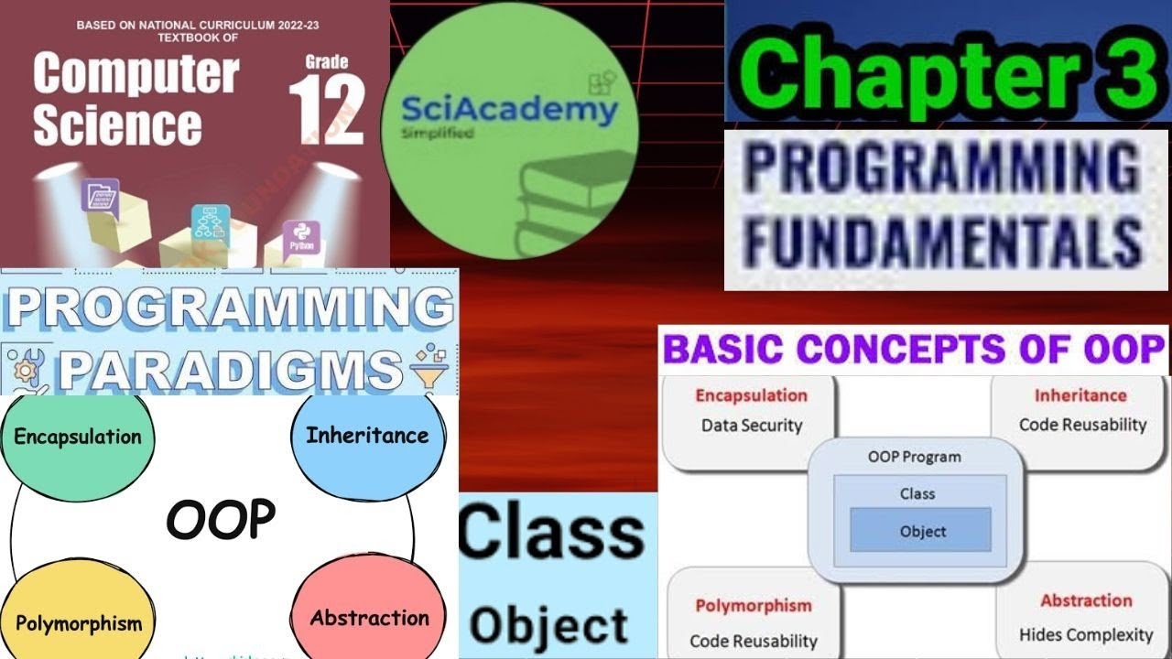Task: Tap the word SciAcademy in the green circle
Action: click(509, 111)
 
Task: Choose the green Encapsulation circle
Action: click(78, 437)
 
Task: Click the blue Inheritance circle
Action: click(367, 435)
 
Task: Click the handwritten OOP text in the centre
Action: click(221, 520)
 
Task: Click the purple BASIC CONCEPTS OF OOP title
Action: click(913, 350)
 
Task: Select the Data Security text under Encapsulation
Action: click(752, 426)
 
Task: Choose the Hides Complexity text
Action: click(1086, 634)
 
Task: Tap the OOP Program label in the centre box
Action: click(914, 457)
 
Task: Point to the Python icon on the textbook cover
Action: click(300, 237)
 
